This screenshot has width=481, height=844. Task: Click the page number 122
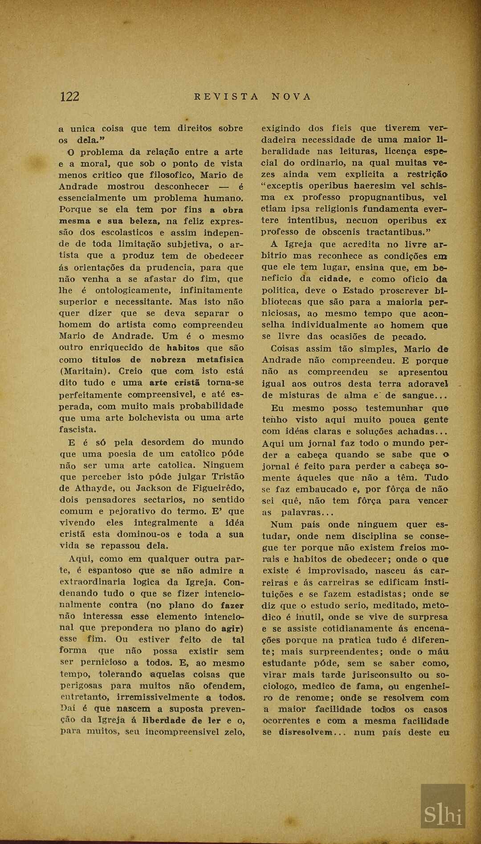pyautogui.click(x=69, y=96)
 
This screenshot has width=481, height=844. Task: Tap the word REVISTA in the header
pyautogui.click(x=226, y=97)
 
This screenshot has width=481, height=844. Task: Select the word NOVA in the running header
pyautogui.click(x=291, y=97)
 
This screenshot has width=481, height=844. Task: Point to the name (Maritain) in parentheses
pyautogui.click(x=85, y=371)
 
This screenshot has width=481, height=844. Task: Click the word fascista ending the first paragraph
pyautogui.click(x=77, y=429)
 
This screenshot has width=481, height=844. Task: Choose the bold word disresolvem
pyautogui.click(x=305, y=733)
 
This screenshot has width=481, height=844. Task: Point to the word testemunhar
pyautogui.click(x=394, y=408)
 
